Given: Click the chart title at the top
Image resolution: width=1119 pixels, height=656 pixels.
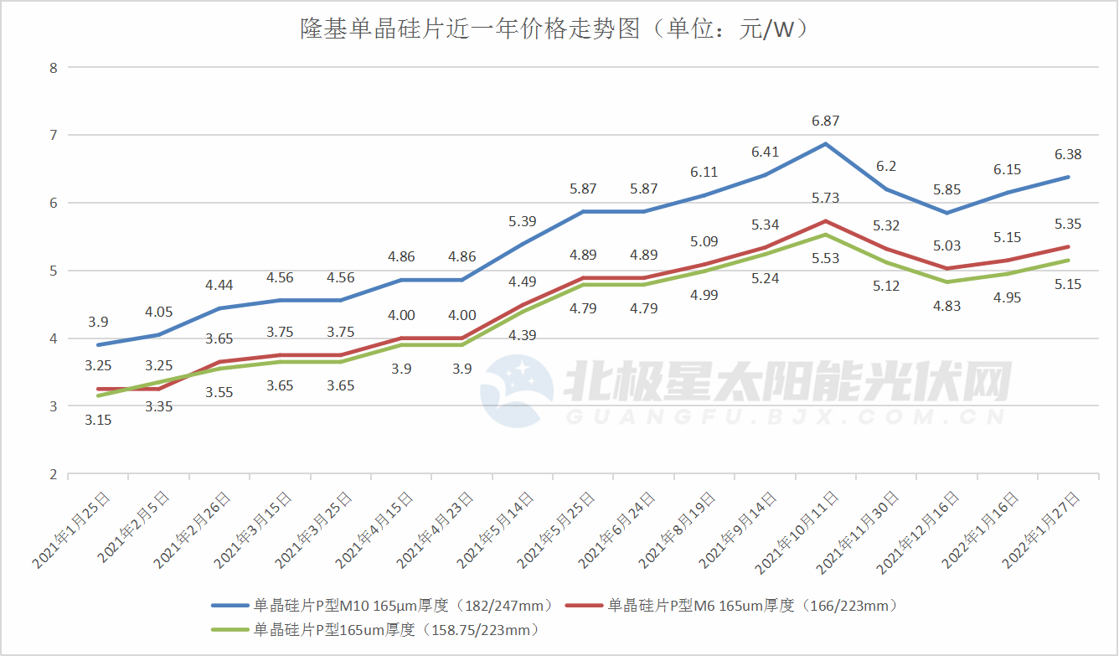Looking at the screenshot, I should (554, 30).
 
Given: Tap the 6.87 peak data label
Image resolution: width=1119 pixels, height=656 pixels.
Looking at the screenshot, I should (825, 121).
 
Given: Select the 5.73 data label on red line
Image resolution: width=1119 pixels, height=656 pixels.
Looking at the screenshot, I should (825, 199).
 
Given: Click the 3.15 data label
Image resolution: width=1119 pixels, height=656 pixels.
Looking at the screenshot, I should (99, 420).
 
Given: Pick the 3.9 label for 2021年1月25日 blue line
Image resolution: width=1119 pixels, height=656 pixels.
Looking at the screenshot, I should (99, 322).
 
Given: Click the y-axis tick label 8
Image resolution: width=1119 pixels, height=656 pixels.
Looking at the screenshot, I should (53, 67).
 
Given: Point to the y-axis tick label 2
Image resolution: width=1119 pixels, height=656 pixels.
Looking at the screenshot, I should (53, 474).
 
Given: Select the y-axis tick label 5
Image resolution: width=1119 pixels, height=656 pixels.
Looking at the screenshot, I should (53, 271).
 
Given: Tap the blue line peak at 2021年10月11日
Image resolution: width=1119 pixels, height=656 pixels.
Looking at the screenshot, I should (825, 144).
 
